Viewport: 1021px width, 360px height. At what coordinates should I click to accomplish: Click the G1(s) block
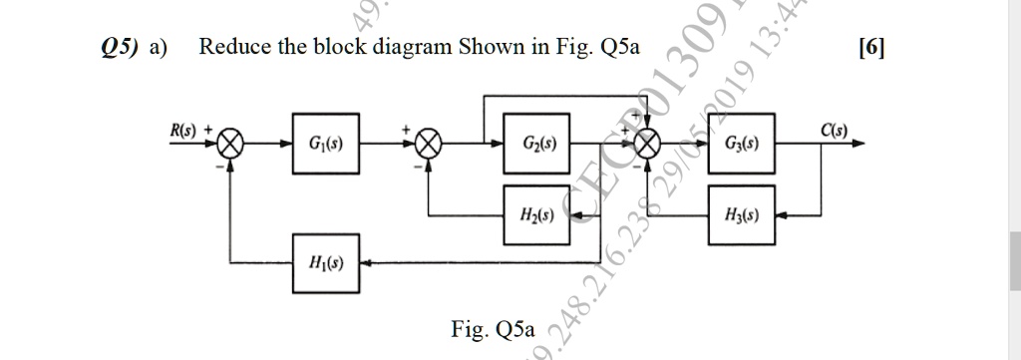(326, 144)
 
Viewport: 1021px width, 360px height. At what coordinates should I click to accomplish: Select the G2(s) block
(536, 144)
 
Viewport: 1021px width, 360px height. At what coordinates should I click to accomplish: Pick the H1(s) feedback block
(326, 263)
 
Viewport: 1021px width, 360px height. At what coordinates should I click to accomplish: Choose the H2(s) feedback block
(536, 214)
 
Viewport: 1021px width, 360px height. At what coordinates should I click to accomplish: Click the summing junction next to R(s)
(230, 144)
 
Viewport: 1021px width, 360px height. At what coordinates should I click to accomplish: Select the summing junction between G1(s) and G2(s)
(430, 144)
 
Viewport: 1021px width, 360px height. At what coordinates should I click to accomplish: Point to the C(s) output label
(834, 129)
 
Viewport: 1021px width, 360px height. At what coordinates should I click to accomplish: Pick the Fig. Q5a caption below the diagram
(493, 328)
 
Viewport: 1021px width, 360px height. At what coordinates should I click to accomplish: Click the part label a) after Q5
(158, 47)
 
